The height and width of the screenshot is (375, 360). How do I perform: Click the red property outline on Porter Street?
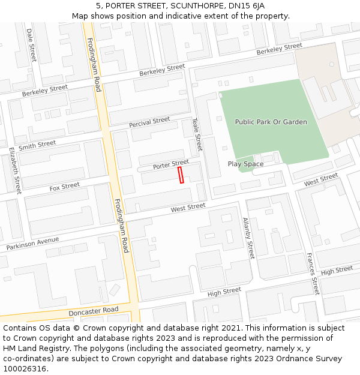coord(181,175)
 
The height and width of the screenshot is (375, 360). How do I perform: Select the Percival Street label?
coord(149,122)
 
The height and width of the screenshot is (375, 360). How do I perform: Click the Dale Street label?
coord(31,44)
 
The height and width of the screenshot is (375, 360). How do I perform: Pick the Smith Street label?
coord(37,145)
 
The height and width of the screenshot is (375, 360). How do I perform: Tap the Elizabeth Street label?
coord(15,170)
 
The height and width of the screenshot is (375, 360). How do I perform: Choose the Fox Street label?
coord(64,187)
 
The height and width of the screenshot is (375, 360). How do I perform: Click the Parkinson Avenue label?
coord(33,244)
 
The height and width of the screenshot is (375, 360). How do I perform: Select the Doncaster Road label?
coord(94,312)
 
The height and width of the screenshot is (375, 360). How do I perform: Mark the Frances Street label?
coord(313,274)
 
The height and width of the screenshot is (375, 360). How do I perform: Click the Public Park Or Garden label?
coord(271,122)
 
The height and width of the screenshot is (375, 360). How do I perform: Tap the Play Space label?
coord(245,164)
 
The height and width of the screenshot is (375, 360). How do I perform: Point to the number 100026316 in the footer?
coord(25,369)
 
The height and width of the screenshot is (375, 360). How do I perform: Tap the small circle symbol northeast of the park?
coord(331,64)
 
